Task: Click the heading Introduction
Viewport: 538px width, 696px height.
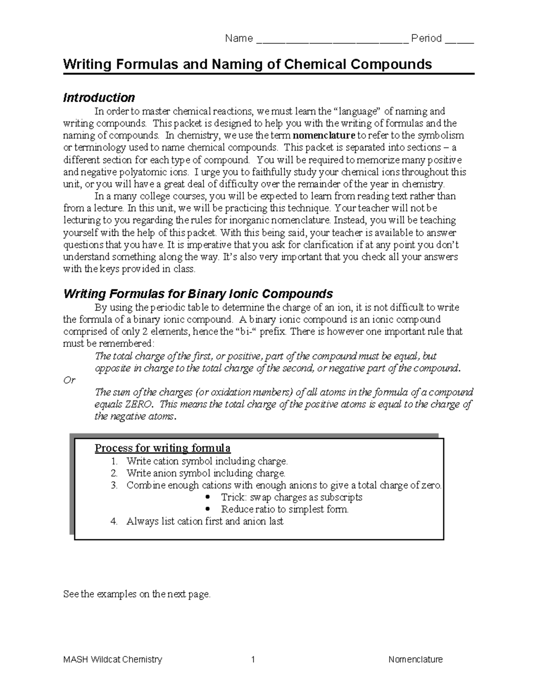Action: (x=99, y=98)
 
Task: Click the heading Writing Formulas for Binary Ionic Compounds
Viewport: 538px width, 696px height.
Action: (x=198, y=294)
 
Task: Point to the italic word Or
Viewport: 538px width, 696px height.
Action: (x=69, y=380)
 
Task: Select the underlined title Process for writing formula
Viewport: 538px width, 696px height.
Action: (x=162, y=448)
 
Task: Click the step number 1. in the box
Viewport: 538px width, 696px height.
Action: (x=114, y=461)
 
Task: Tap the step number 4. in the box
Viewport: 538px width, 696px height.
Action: (x=114, y=521)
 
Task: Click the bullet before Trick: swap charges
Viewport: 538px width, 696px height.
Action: (x=207, y=497)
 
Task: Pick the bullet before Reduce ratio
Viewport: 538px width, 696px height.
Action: (x=207, y=510)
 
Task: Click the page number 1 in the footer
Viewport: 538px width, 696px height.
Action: (x=253, y=659)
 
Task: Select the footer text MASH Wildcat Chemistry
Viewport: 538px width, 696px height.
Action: (x=113, y=659)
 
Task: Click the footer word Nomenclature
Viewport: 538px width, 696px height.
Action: (x=415, y=659)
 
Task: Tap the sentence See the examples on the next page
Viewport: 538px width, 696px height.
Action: (x=137, y=594)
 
